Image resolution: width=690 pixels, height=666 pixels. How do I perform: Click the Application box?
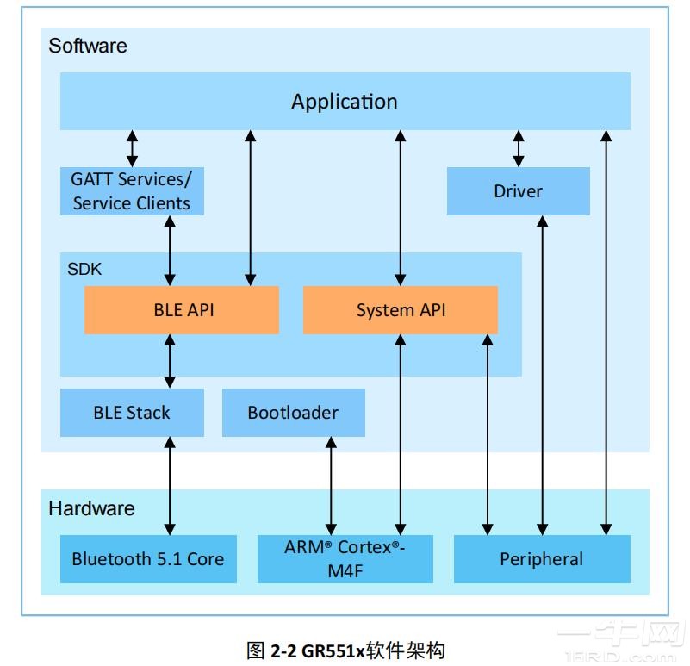[345, 102]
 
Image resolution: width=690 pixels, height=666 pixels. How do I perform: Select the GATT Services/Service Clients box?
[132, 191]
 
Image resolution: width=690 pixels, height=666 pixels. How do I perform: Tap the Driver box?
[518, 191]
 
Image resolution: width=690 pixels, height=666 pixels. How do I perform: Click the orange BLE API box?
[182, 310]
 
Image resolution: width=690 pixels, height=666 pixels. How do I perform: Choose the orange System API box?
[401, 310]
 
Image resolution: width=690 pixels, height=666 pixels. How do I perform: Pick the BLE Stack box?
[132, 413]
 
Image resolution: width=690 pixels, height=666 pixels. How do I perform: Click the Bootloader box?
[293, 413]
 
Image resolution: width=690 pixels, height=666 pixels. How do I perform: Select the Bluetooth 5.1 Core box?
[148, 559]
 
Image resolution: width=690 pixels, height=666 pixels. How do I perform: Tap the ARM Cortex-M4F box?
[345, 559]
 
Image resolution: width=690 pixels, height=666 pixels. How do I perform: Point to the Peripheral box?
[542, 559]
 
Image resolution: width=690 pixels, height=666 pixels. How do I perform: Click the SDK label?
[84, 269]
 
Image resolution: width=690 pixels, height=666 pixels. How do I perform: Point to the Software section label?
[88, 46]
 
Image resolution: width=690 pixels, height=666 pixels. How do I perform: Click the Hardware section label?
[91, 508]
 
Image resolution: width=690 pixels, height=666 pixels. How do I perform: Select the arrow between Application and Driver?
[519, 148]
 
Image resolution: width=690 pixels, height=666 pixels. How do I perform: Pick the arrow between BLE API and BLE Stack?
[170, 361]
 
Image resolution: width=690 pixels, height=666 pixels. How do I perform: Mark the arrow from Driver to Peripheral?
[542, 375]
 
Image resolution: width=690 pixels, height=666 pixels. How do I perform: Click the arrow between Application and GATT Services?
[132, 148]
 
